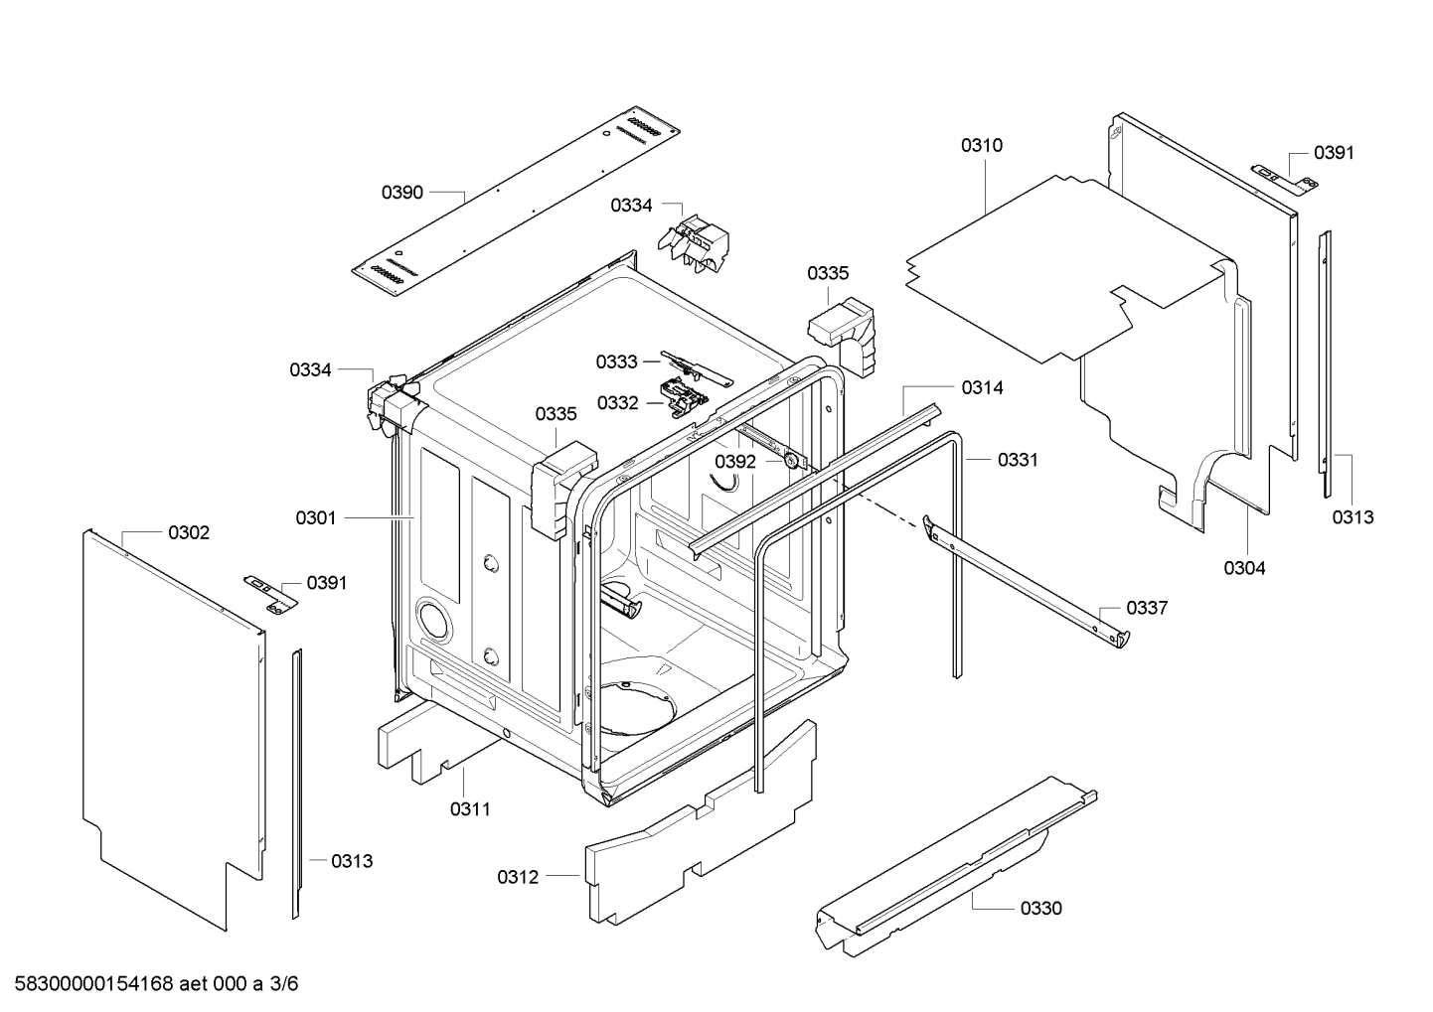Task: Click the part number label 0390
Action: click(402, 192)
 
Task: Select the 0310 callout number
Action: click(981, 145)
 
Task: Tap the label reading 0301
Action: click(316, 517)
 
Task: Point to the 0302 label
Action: click(189, 533)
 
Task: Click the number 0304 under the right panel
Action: click(1244, 568)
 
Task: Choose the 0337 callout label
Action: click(1147, 608)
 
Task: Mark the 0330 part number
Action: click(1040, 908)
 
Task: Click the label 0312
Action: click(518, 877)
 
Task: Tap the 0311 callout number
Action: click(470, 809)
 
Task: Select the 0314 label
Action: click(982, 388)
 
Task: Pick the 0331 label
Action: click(1018, 460)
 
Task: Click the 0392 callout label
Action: click(735, 462)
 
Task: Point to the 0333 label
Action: click(617, 362)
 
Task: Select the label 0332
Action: click(618, 402)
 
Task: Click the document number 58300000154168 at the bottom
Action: click(90, 984)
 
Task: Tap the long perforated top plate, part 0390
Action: click(517, 204)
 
